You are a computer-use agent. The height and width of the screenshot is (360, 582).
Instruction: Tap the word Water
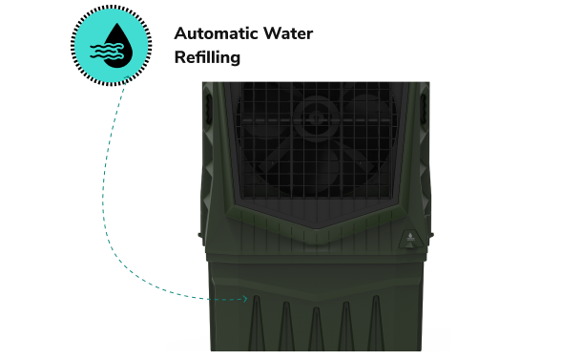tap(289, 33)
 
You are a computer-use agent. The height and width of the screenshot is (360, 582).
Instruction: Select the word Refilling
tap(205, 57)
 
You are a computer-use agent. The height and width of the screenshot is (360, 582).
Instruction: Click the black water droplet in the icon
tap(117, 39)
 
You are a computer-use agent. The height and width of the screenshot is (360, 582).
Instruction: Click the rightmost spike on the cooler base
tap(375, 325)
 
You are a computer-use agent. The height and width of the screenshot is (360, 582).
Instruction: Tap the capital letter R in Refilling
tap(179, 57)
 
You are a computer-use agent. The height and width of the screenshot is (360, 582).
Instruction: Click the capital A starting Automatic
tap(180, 33)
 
